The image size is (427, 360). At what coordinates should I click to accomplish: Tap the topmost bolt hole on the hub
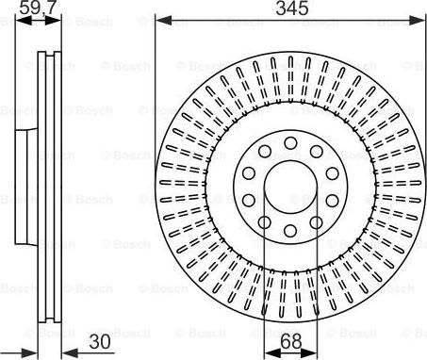pos(289,141)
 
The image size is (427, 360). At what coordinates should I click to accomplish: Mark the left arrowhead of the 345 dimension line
pos(159,21)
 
